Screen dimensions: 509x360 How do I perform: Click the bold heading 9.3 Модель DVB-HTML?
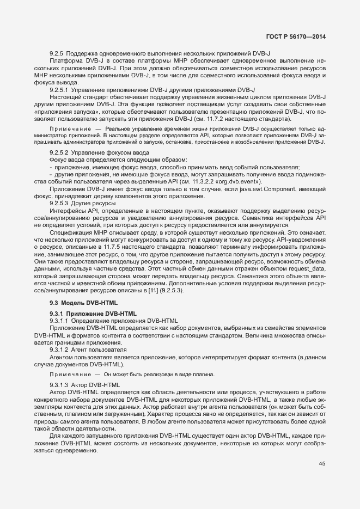point(82,302)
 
